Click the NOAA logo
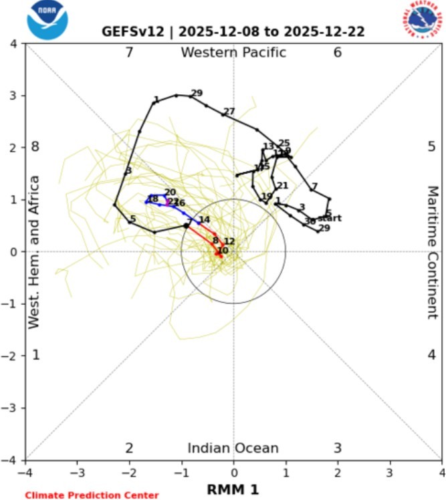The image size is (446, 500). (47, 21)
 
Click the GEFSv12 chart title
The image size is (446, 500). (233, 31)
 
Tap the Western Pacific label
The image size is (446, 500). (233, 53)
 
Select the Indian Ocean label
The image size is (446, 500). (233, 449)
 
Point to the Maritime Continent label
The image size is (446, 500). (432, 252)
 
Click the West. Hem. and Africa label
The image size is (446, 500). (35, 252)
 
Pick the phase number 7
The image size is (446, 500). (130, 53)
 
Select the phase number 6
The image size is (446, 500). (338, 53)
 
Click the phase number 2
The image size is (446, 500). (130, 449)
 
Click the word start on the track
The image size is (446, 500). (330, 219)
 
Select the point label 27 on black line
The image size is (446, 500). (229, 112)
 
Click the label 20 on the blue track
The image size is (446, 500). (170, 193)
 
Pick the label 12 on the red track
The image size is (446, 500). (229, 241)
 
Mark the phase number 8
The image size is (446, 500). (36, 147)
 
